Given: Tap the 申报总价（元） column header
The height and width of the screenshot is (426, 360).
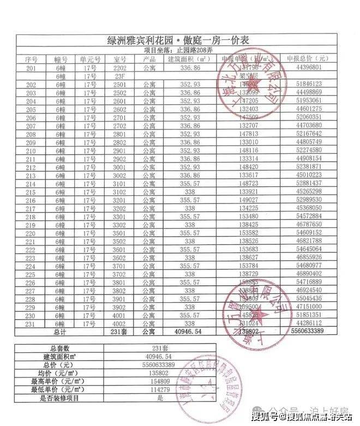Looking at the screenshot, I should tap(309, 59).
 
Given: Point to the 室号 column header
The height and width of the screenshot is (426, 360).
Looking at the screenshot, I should tap(119, 59).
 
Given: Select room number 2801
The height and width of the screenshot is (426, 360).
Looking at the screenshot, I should tap(119, 134).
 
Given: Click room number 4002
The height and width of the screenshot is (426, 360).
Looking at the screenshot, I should tap(119, 323).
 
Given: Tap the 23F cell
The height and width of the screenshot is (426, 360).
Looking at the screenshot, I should tap(119, 76).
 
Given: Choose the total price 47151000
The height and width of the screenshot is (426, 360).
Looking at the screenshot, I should tap(309, 308).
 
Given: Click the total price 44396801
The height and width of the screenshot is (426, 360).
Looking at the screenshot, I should tap(309, 68).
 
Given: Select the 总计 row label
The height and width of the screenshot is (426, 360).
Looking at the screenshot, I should tap(60, 332).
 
